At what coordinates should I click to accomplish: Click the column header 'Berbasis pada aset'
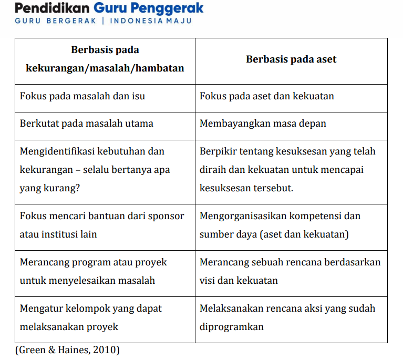(x=291, y=59)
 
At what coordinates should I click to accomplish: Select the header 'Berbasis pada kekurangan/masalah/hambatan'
(x=105, y=59)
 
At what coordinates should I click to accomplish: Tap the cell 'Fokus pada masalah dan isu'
(x=82, y=96)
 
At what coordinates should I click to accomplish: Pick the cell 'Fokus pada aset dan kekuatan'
(x=267, y=96)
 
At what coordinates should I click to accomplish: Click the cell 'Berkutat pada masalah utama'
(x=87, y=124)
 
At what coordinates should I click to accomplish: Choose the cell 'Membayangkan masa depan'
(x=263, y=124)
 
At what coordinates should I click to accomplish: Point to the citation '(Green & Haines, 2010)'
(x=67, y=349)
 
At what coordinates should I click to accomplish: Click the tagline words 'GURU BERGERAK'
(x=55, y=21)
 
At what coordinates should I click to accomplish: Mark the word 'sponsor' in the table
(x=166, y=216)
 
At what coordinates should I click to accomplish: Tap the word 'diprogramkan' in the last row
(x=232, y=327)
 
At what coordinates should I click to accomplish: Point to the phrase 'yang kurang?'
(x=50, y=188)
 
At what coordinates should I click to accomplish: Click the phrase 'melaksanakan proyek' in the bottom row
(x=69, y=327)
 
